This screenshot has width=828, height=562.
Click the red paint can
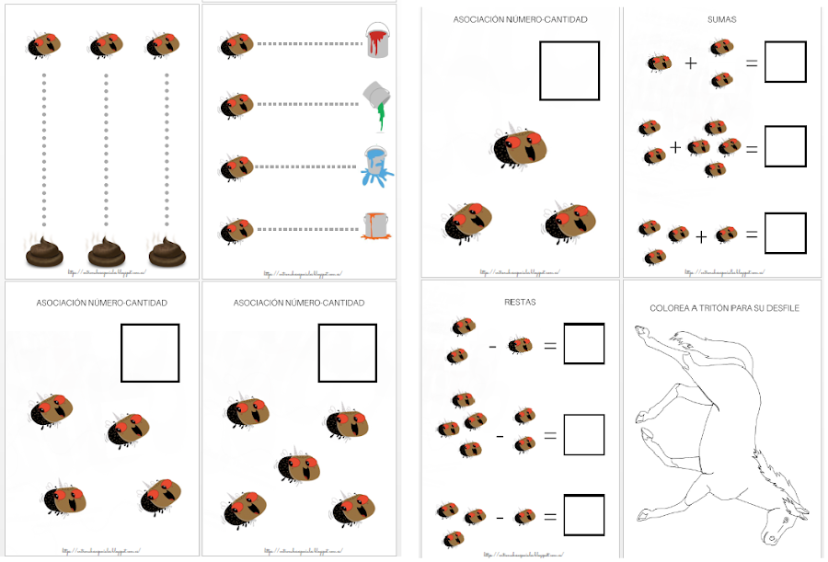(x=376, y=41)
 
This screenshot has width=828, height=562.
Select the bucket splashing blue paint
(x=376, y=164)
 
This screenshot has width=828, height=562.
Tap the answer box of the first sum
(x=785, y=62)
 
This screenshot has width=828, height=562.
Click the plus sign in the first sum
(x=690, y=63)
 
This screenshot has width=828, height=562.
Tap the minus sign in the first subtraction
(x=493, y=346)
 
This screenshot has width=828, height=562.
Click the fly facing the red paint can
(x=236, y=43)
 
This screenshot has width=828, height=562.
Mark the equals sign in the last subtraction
(x=549, y=517)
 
